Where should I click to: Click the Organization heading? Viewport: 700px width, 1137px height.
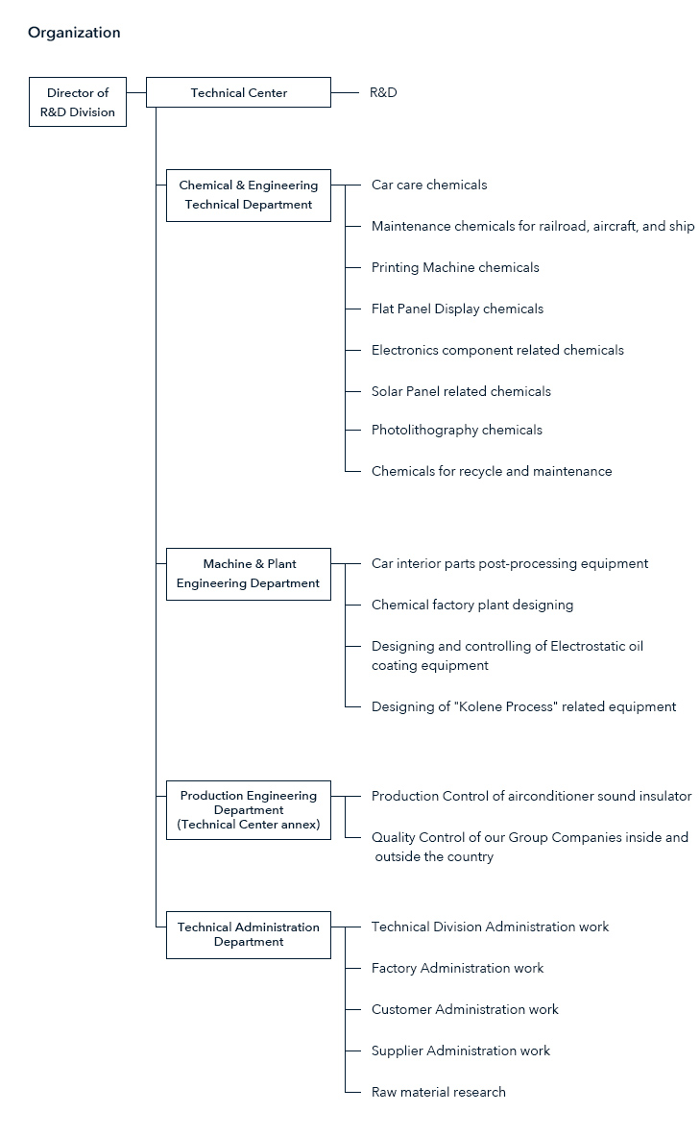tap(74, 33)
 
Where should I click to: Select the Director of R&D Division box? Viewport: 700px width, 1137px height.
tap(78, 102)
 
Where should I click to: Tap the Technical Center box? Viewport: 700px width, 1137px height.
tap(238, 93)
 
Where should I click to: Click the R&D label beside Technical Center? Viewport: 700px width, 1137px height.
tap(383, 93)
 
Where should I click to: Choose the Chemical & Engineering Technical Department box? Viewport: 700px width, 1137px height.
tap(249, 195)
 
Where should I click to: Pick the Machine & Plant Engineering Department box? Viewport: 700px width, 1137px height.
tap(249, 574)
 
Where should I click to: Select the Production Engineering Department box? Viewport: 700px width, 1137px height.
tap(249, 810)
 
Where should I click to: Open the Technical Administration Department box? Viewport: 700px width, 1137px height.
tap(249, 935)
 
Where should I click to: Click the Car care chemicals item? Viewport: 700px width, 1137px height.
tap(429, 185)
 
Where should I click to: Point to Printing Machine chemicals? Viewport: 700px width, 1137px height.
tap(455, 267)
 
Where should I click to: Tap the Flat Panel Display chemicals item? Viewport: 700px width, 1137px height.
tap(457, 309)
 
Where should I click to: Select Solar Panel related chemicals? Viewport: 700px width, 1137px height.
tap(461, 391)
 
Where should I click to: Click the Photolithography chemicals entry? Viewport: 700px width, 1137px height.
tap(456, 430)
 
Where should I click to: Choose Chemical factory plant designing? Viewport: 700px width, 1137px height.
tap(472, 605)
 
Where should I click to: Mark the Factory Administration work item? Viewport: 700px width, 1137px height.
tap(457, 968)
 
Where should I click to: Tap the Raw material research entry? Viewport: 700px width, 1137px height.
tap(439, 1092)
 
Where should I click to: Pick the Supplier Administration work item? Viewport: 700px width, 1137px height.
tap(461, 1050)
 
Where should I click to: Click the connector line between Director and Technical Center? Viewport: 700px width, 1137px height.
tap(136, 93)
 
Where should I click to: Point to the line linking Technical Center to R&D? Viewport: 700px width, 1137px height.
tap(345, 93)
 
